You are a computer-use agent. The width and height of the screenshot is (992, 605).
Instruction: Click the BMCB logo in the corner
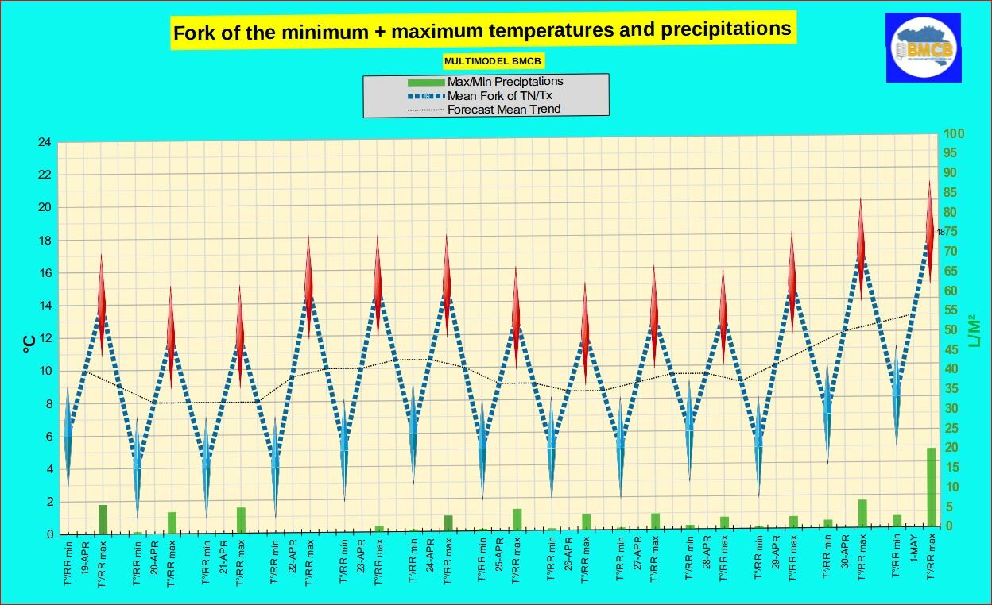pos(924,48)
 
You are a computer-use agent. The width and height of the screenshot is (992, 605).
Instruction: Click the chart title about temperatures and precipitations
pos(482,31)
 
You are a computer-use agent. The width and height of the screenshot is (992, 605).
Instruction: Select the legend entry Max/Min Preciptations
pos(505,81)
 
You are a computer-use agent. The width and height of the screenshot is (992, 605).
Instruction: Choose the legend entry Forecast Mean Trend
pos(504,109)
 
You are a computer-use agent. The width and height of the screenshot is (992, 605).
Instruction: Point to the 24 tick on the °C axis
pos(45,143)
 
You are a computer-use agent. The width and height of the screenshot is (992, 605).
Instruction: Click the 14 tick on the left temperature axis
pos(45,306)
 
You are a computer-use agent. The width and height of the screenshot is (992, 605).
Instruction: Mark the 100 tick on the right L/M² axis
pos(954,134)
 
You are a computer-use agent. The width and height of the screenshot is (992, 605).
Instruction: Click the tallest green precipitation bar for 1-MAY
pos(931,487)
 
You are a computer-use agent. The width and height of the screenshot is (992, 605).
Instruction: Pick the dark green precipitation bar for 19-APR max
pos(103,518)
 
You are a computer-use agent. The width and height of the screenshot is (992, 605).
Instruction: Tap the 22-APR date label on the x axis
pos(293,557)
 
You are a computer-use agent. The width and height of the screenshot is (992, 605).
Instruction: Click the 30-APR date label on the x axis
pos(845,557)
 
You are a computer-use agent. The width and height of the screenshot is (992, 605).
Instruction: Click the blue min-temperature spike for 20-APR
pos(137,468)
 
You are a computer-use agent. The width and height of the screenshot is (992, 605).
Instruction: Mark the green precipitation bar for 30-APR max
pos(862,512)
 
